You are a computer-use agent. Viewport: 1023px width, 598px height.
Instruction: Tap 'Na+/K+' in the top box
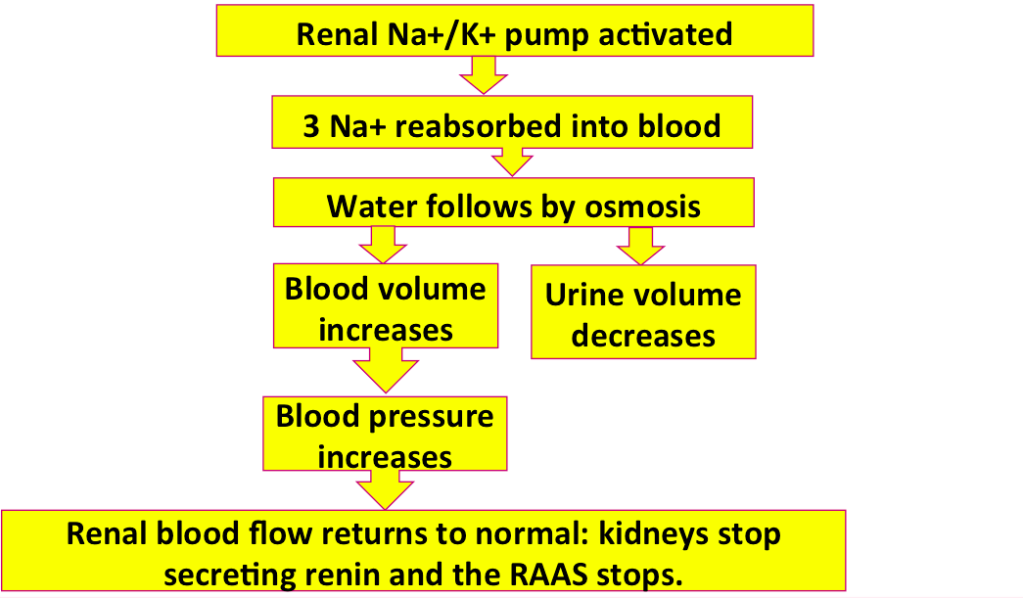pyautogui.click(x=442, y=34)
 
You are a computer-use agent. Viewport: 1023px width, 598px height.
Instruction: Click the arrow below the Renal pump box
pyautogui.click(x=484, y=75)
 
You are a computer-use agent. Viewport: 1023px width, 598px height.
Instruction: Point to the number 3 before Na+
pyautogui.click(x=311, y=126)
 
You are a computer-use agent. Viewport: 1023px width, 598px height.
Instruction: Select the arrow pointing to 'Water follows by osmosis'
pyautogui.click(x=512, y=161)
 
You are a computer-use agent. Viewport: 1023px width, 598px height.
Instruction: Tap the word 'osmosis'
pyautogui.click(x=642, y=207)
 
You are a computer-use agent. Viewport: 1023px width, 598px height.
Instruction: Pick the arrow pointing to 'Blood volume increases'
pyautogui.click(x=383, y=245)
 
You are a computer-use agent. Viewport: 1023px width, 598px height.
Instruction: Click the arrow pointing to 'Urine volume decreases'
pyautogui.click(x=640, y=246)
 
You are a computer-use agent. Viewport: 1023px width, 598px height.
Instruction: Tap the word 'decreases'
pyautogui.click(x=643, y=336)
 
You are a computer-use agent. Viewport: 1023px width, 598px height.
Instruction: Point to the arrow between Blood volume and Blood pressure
pyautogui.click(x=386, y=370)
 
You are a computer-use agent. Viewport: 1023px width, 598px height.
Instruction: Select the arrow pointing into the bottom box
pyautogui.click(x=385, y=490)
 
